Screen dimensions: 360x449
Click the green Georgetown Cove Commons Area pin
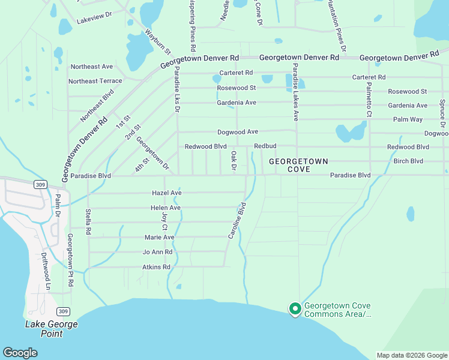[295, 308]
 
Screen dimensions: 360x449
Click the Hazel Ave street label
[167, 193]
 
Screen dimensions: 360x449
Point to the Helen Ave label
[166, 208]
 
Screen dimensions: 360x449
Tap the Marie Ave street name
[158, 238]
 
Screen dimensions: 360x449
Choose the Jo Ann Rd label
[158, 252]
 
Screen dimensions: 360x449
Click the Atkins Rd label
[157, 267]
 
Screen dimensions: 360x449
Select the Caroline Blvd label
[238, 221]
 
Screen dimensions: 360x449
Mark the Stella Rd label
[88, 221]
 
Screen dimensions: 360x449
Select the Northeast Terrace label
[95, 81]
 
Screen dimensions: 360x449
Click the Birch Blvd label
[408, 161]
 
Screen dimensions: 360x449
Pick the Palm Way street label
[408, 119]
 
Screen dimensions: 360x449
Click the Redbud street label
[265, 146]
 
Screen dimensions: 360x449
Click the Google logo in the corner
[20, 352]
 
